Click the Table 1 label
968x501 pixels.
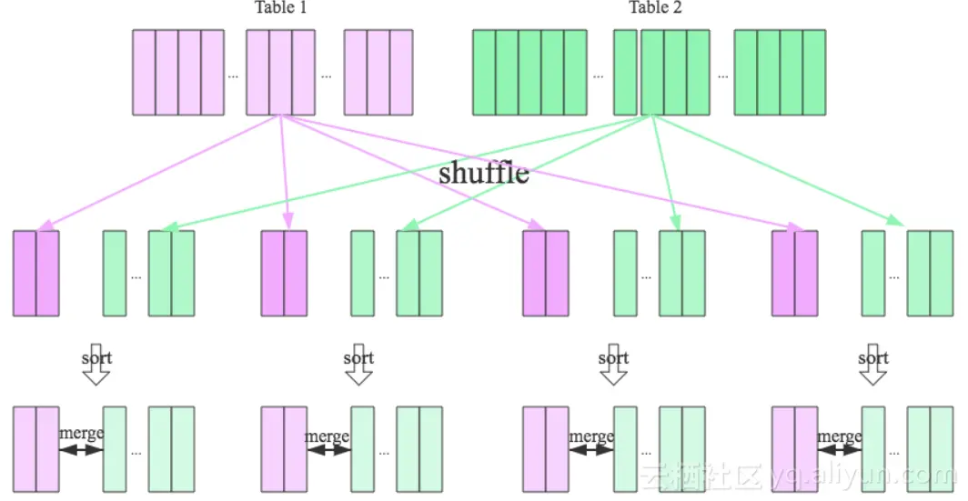(x=280, y=8)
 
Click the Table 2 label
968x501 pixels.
(x=655, y=8)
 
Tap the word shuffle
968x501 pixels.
(x=483, y=172)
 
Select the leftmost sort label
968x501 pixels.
(x=96, y=357)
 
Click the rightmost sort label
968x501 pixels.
(x=873, y=357)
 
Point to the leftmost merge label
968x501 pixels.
(x=82, y=434)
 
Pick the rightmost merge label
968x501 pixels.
(x=839, y=436)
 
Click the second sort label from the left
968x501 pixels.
(x=358, y=357)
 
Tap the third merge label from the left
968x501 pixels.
(x=591, y=436)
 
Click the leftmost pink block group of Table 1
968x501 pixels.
(x=178, y=73)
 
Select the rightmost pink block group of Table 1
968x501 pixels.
(x=378, y=73)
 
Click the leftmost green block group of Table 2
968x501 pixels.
(x=529, y=73)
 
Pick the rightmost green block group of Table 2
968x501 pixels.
(x=780, y=73)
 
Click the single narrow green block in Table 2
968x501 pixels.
(x=625, y=73)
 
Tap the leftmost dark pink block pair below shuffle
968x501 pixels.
(x=35, y=273)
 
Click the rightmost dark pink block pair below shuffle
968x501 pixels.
(x=794, y=273)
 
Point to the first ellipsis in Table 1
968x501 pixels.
(x=233, y=75)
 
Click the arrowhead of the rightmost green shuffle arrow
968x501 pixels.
(x=896, y=220)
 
